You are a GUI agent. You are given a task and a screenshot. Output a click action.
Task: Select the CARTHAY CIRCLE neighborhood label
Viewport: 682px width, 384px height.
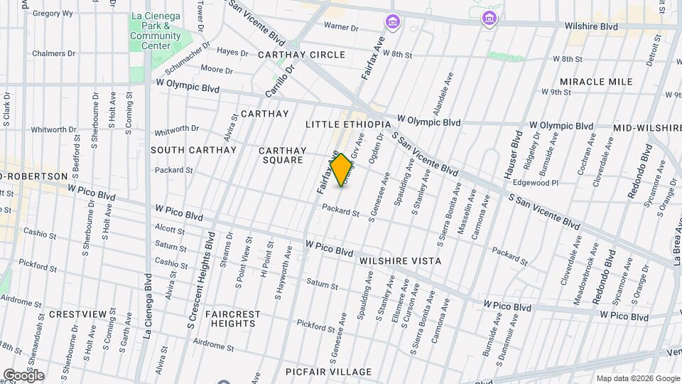(x=301, y=55)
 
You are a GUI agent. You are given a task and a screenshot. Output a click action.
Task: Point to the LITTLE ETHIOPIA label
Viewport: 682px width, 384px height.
(x=348, y=124)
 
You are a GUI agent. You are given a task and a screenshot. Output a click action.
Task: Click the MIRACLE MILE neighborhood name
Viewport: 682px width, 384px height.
(x=595, y=82)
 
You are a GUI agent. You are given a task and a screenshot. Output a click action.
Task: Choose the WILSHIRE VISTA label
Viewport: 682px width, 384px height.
(x=400, y=261)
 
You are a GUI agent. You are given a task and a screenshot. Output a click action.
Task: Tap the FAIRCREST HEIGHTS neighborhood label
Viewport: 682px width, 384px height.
(x=232, y=319)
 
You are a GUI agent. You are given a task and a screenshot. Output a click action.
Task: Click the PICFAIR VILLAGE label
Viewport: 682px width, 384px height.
(x=328, y=372)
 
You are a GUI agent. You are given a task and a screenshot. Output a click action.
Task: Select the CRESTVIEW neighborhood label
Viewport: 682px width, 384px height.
(x=78, y=314)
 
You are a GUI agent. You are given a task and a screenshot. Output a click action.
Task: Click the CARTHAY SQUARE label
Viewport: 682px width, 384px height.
(x=282, y=155)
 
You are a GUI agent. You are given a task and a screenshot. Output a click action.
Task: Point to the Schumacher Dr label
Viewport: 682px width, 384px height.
(x=188, y=58)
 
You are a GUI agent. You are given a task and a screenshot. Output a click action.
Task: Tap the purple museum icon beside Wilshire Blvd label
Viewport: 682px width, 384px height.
(x=488, y=18)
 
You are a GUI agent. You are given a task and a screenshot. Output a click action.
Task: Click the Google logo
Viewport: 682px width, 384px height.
(x=23, y=375)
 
